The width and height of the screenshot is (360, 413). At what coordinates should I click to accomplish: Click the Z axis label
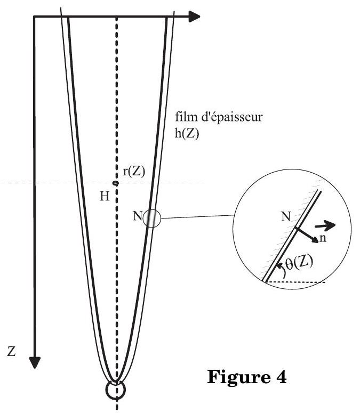pos(11,351)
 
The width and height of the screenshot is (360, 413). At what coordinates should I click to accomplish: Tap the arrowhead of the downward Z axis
pos(35,362)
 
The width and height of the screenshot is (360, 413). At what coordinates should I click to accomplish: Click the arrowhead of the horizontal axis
pos(194,17)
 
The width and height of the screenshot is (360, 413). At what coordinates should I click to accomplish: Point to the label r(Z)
pos(134,172)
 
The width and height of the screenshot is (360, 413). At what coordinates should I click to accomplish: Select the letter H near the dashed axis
pos(105,196)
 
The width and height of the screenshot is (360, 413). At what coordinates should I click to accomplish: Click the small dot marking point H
pos(115,183)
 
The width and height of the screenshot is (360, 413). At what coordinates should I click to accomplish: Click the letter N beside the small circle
pos(138,216)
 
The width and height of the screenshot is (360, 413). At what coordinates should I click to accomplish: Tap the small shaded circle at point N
pos(151,218)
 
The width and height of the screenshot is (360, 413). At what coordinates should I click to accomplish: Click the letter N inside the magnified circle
pos(286,217)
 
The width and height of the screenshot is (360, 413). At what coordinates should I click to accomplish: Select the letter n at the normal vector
pos(323,238)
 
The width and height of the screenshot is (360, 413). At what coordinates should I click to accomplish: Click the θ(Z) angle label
pos(299,263)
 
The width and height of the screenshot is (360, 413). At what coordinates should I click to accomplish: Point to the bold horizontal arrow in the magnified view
pos(325,225)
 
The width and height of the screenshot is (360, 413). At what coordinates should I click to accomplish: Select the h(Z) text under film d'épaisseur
pos(187,134)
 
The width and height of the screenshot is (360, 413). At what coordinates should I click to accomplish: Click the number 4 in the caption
pos(282,377)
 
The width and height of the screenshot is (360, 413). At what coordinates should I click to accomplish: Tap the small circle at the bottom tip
pos(116,390)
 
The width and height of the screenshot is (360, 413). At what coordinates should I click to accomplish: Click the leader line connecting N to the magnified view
pos(197,217)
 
